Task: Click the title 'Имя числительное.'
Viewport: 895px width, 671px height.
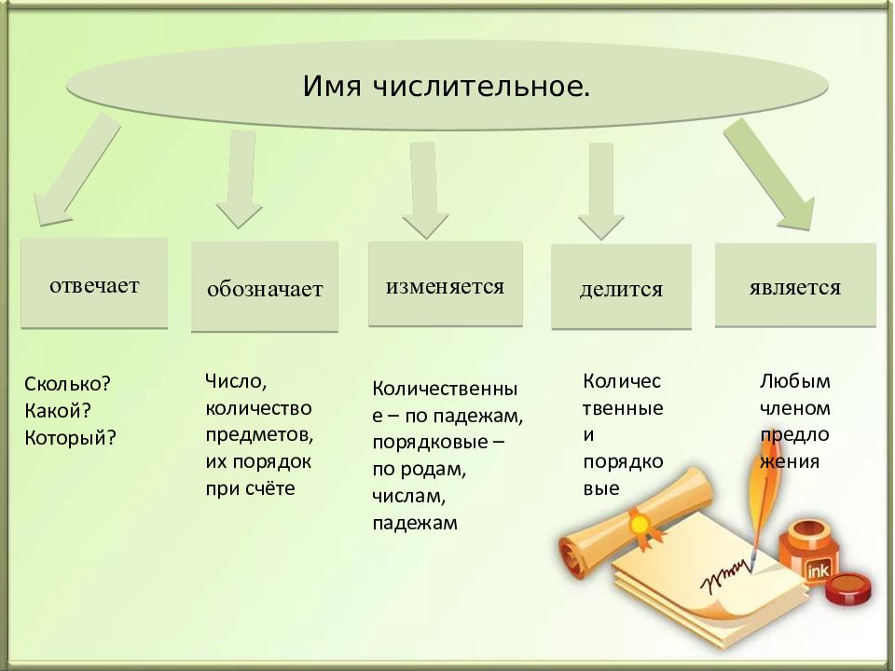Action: [x=446, y=87]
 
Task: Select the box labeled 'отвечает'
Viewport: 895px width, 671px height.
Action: [x=94, y=284]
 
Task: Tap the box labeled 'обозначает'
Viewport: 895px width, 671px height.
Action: [x=265, y=288]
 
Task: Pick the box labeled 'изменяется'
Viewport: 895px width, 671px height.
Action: [x=445, y=285]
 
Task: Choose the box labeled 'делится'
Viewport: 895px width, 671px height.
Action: [x=621, y=288]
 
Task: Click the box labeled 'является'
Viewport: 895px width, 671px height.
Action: [x=794, y=286]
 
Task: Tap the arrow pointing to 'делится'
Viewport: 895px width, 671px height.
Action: [x=600, y=191]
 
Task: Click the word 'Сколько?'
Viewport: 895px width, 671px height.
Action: [x=67, y=384]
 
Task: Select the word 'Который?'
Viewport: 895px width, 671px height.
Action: [x=71, y=436]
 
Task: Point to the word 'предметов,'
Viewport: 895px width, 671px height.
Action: [x=259, y=434]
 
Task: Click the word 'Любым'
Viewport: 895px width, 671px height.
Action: [x=794, y=381]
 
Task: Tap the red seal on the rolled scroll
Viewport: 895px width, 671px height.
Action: [x=641, y=525]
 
